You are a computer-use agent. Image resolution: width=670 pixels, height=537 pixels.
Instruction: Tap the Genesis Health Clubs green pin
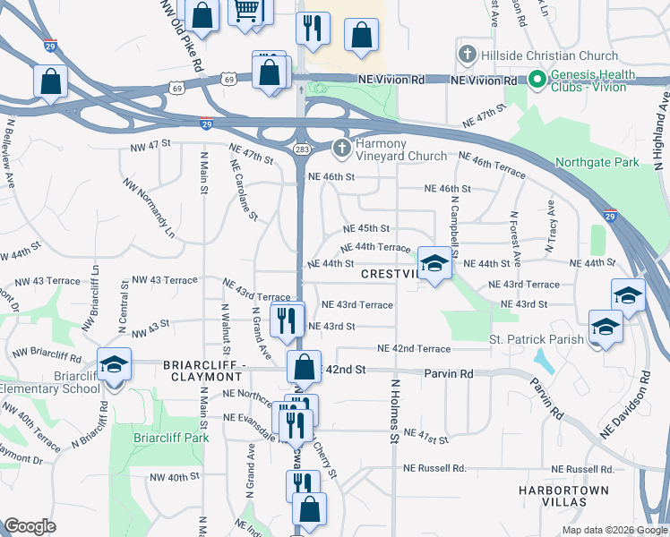tap(537, 80)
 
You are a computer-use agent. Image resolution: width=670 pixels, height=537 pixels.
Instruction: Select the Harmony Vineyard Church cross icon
tap(340, 149)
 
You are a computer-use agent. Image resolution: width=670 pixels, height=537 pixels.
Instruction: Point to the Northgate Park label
tap(597, 163)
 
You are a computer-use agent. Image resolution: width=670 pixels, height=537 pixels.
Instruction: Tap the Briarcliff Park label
tap(170, 438)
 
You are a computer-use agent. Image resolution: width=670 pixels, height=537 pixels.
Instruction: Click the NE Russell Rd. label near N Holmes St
tap(434, 468)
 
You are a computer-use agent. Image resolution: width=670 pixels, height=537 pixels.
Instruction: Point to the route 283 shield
tap(299, 149)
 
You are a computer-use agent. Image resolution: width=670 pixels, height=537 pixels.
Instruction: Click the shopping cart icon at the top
tap(247, 12)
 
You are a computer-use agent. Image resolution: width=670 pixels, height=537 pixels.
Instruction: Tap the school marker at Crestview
tap(434, 264)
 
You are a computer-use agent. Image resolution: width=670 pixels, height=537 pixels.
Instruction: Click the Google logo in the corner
tap(30, 526)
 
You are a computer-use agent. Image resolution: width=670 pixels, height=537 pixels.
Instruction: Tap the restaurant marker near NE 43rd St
tap(288, 320)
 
